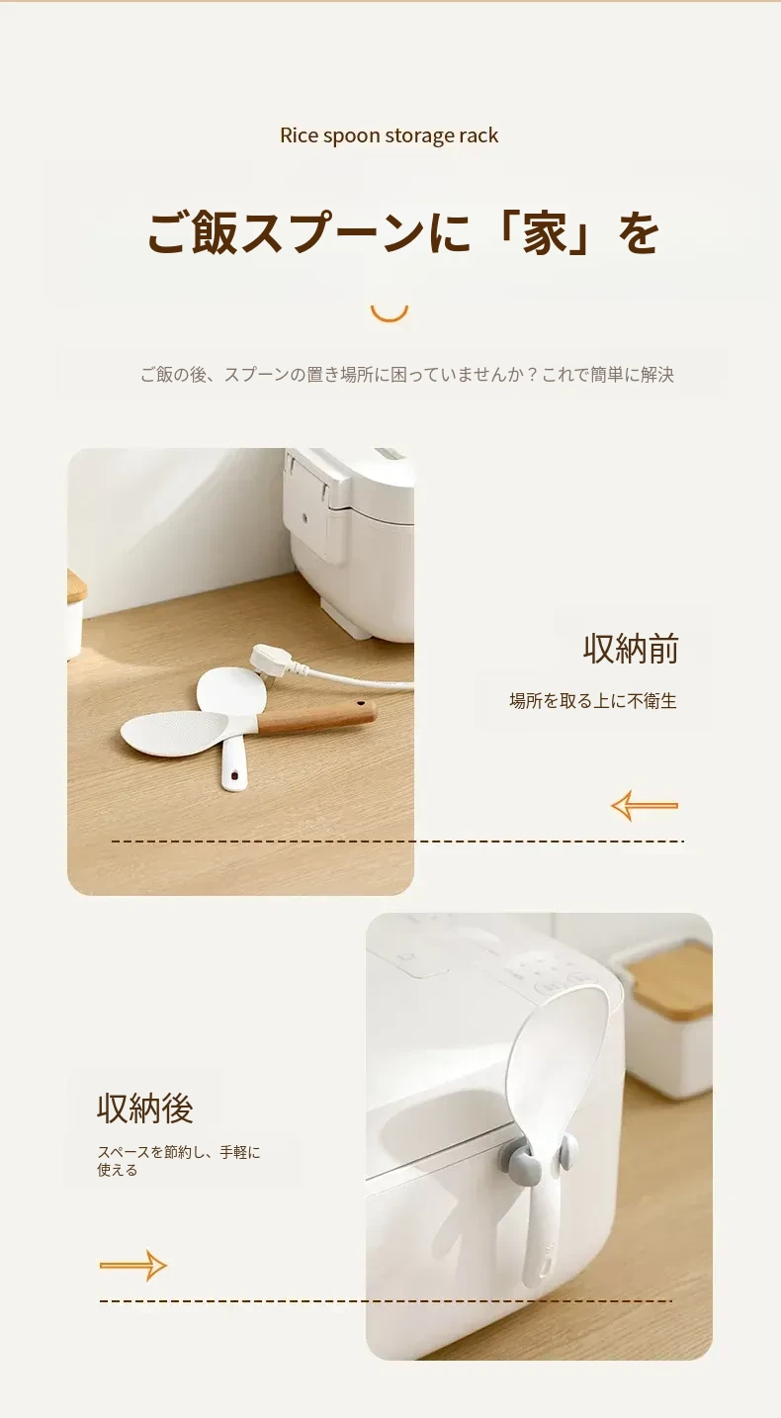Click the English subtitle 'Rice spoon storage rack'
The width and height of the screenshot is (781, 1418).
pyautogui.click(x=389, y=135)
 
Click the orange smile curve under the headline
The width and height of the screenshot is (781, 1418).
pyautogui.click(x=390, y=314)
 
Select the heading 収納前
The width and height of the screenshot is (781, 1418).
pyautogui.click(x=631, y=649)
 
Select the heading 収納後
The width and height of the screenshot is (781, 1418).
pyautogui.click(x=145, y=1108)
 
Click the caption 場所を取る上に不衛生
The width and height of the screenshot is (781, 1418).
pyautogui.click(x=593, y=701)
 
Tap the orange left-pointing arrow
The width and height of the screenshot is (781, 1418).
pyautogui.click(x=645, y=805)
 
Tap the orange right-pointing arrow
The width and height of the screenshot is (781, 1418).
pyautogui.click(x=132, y=1266)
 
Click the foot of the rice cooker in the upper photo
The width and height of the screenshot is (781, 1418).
pyautogui.click(x=342, y=617)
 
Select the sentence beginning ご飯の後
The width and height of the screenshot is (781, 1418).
pyautogui.click(x=407, y=375)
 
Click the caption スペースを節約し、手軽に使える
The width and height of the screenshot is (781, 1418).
pyautogui.click(x=179, y=1160)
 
